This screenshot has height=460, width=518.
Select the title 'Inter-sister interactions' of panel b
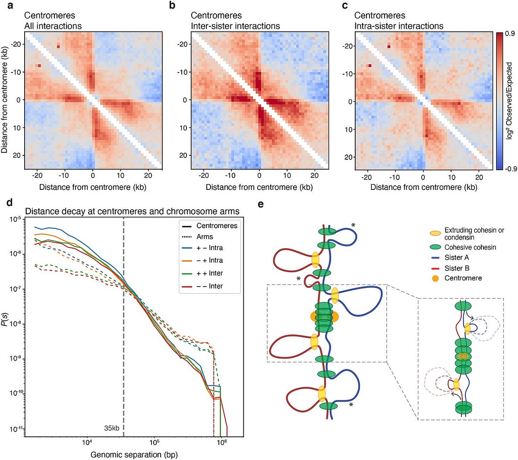[x=235, y=26]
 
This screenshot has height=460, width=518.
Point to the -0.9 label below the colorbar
[x=511, y=169]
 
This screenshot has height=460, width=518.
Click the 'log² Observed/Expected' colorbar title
[x=510, y=101]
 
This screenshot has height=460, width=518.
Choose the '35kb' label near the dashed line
[x=111, y=428]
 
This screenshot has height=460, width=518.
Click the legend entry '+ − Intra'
[x=209, y=248]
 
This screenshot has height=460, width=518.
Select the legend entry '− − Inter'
[x=209, y=286]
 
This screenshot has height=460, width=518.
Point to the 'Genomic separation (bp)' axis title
[x=134, y=454]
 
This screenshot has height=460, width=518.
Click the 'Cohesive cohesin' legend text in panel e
[x=470, y=247]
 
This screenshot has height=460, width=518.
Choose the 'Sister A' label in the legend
[x=456, y=258]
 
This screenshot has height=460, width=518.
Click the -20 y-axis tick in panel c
[x=347, y=46]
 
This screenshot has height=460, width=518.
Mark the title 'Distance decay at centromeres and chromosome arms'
[x=132, y=211]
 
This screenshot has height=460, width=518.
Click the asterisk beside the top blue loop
[x=354, y=225]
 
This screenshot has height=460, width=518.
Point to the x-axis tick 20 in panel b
[x=315, y=175]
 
